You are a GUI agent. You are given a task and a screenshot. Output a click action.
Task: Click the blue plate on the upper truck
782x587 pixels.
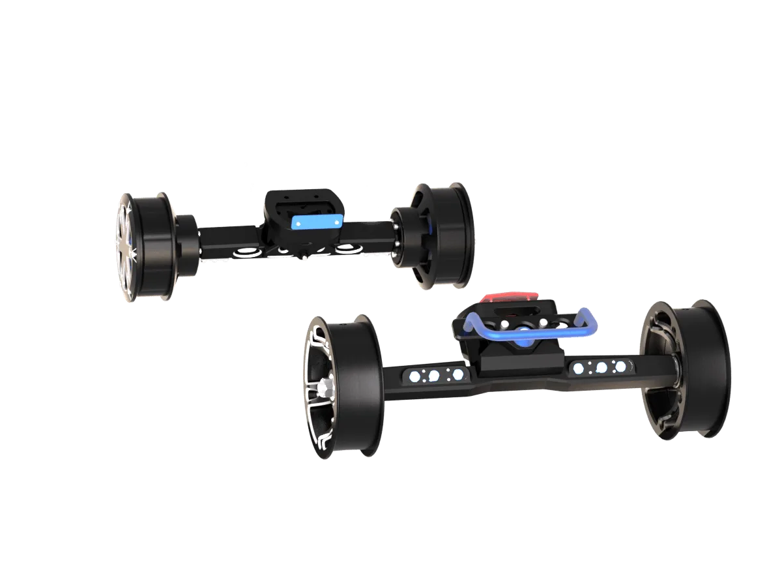point(316,222)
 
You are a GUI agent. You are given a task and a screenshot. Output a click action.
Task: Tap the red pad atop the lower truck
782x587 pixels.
point(512,298)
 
